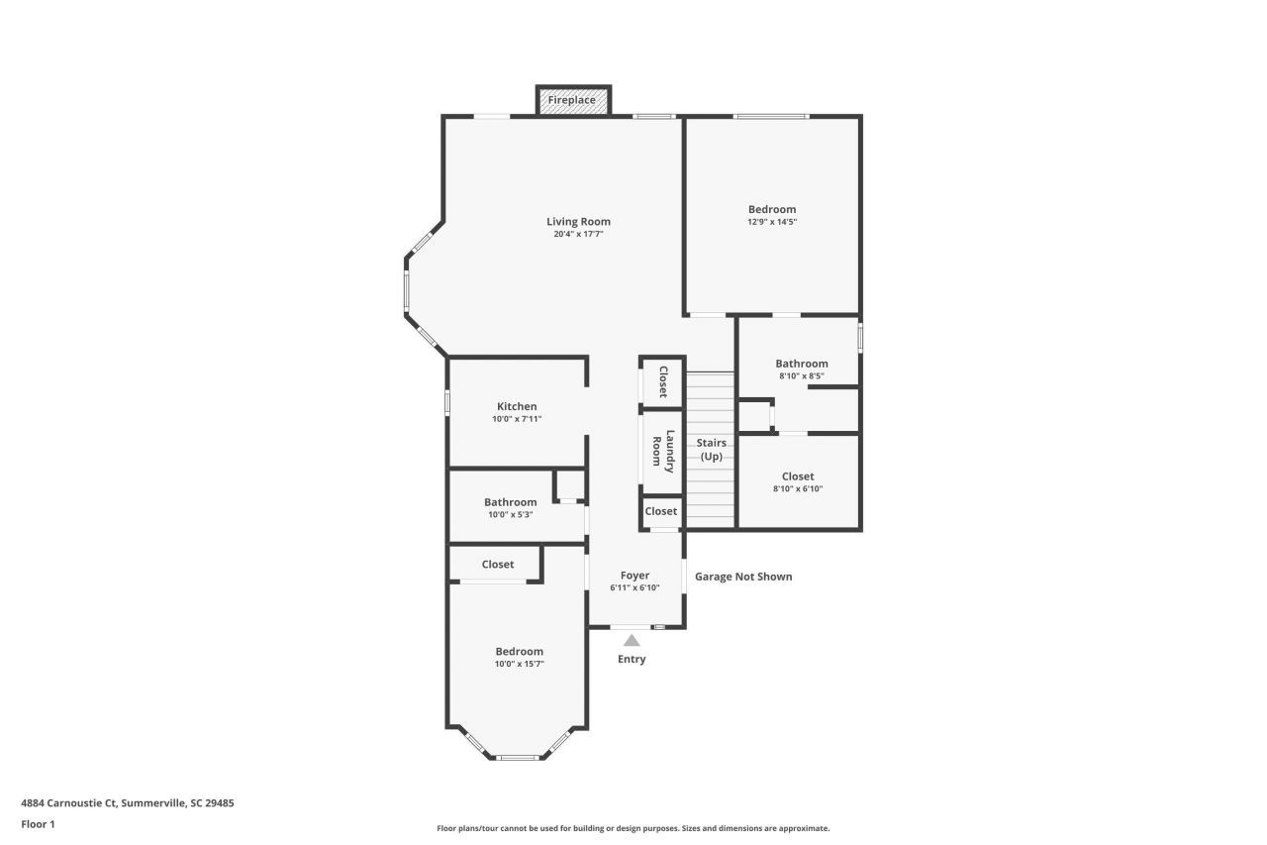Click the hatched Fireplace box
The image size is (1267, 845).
[573, 100]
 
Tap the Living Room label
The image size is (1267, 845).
[578, 222]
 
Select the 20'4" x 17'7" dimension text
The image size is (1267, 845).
[578, 235]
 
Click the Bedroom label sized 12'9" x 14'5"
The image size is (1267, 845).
[771, 209]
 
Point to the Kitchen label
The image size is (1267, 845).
[517, 406]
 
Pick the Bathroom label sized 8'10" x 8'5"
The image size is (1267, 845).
[801, 364]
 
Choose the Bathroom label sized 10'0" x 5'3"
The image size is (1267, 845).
[510, 502]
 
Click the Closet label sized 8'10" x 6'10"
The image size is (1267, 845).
[797, 476]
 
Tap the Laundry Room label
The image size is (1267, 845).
[662, 450]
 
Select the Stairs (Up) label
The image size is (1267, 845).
[711, 450]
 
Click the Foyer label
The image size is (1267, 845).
[634, 576]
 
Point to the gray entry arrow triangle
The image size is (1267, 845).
[632, 641]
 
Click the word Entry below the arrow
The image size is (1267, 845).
[632, 660]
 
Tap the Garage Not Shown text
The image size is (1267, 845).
[742, 577]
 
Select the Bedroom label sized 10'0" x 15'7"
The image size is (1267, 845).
[519, 651]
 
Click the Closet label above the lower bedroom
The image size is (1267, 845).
[498, 565]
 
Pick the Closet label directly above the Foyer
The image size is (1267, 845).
[660, 511]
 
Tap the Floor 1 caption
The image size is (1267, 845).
[38, 824]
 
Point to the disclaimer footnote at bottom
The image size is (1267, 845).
[633, 828]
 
